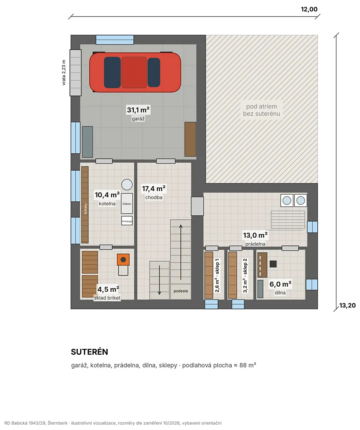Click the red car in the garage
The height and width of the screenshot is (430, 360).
(x=135, y=72)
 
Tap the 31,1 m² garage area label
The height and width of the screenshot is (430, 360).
(x=138, y=110)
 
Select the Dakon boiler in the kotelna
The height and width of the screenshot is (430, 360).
(x=127, y=203)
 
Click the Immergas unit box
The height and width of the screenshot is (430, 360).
(x=127, y=221)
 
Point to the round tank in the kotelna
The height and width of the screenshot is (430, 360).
(x=127, y=185)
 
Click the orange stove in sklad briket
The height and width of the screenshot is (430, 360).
(x=123, y=259)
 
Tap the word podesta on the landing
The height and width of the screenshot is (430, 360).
(x=180, y=291)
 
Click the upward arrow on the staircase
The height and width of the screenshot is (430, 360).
(x=181, y=252)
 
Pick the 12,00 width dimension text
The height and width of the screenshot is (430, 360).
(x=309, y=9)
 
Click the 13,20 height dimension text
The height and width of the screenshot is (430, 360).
(x=347, y=305)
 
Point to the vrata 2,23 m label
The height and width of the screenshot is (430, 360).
(x=64, y=72)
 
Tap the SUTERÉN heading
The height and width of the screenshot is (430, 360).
(x=89, y=352)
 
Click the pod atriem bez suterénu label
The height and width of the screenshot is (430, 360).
(x=261, y=110)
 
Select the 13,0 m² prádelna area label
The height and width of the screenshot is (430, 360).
(x=255, y=235)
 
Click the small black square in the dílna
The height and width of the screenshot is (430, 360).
(x=273, y=264)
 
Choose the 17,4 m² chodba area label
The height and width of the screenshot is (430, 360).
(x=154, y=188)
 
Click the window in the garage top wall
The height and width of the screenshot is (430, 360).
(x=115, y=40)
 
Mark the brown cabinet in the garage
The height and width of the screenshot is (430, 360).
(x=190, y=139)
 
